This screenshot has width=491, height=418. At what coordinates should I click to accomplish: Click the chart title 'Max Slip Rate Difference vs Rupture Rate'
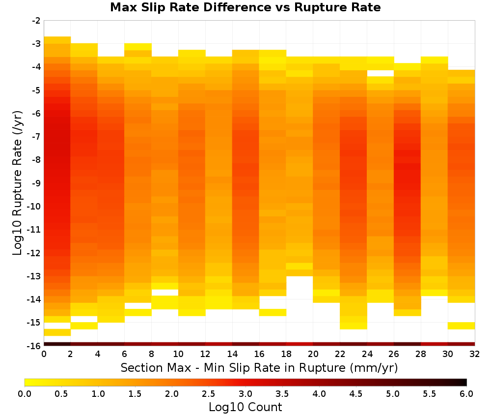click(x=245, y=7)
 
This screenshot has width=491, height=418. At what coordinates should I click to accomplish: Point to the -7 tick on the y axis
click(x=36, y=137)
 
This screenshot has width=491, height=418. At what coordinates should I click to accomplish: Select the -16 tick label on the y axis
click(x=34, y=346)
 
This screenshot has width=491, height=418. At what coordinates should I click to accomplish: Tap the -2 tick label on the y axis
click(x=36, y=21)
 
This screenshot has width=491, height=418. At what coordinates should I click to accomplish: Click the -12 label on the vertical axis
click(x=34, y=253)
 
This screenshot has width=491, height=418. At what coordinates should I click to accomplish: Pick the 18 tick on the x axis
click(x=286, y=354)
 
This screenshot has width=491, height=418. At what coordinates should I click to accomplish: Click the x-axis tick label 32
click(x=475, y=354)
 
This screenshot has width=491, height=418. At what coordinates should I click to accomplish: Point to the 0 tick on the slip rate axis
click(x=44, y=354)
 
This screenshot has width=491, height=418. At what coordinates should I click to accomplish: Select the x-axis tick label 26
click(x=394, y=354)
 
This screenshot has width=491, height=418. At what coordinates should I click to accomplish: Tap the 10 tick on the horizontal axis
click(x=179, y=354)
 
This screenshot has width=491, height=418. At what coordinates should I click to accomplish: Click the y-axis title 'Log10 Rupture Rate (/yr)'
click(x=17, y=183)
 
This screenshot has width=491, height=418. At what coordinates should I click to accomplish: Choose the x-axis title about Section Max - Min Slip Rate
click(x=259, y=368)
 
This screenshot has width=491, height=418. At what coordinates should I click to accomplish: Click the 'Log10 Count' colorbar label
click(x=245, y=407)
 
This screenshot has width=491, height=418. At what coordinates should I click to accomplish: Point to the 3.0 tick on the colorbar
click(x=245, y=394)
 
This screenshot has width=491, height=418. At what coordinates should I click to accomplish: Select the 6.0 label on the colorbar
click(x=466, y=394)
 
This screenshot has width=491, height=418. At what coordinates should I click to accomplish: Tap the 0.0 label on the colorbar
click(x=25, y=394)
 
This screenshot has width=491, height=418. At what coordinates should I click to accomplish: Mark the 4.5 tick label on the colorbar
click(x=355, y=394)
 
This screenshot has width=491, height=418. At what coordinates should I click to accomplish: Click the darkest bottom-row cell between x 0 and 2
click(x=57, y=344)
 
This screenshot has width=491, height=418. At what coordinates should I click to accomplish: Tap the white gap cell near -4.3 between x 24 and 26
click(x=381, y=73)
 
